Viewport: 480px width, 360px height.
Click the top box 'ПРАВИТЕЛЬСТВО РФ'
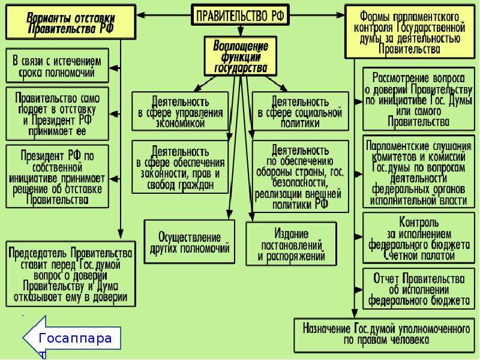click(241, 14)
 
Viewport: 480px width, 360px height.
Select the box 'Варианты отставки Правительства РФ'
click(71, 22)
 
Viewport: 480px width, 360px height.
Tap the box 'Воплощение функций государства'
click(241, 56)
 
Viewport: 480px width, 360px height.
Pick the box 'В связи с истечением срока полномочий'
click(57, 66)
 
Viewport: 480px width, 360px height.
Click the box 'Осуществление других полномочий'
click(190, 242)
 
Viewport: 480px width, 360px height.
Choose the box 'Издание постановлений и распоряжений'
click(291, 244)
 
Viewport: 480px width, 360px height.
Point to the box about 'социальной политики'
click(301, 112)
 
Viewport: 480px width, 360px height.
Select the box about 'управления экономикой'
click(181, 112)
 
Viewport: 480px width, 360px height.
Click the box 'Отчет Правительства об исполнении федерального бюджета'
click(418, 289)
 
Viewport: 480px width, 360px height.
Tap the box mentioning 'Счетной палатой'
click(418, 238)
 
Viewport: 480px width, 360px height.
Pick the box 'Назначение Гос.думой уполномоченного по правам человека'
click(385, 335)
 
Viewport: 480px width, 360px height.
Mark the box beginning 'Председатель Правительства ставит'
click(71, 274)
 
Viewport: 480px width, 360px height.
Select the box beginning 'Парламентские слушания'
click(418, 172)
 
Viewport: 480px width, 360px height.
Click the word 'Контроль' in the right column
click(418, 221)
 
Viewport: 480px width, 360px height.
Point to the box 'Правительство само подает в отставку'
click(57, 114)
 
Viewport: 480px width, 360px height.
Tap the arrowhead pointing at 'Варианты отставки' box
click(141, 14)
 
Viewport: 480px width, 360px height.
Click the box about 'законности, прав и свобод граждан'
click(181, 167)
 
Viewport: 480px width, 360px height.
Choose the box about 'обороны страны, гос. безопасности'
click(301, 176)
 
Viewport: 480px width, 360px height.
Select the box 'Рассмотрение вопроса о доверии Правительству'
click(418, 100)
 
